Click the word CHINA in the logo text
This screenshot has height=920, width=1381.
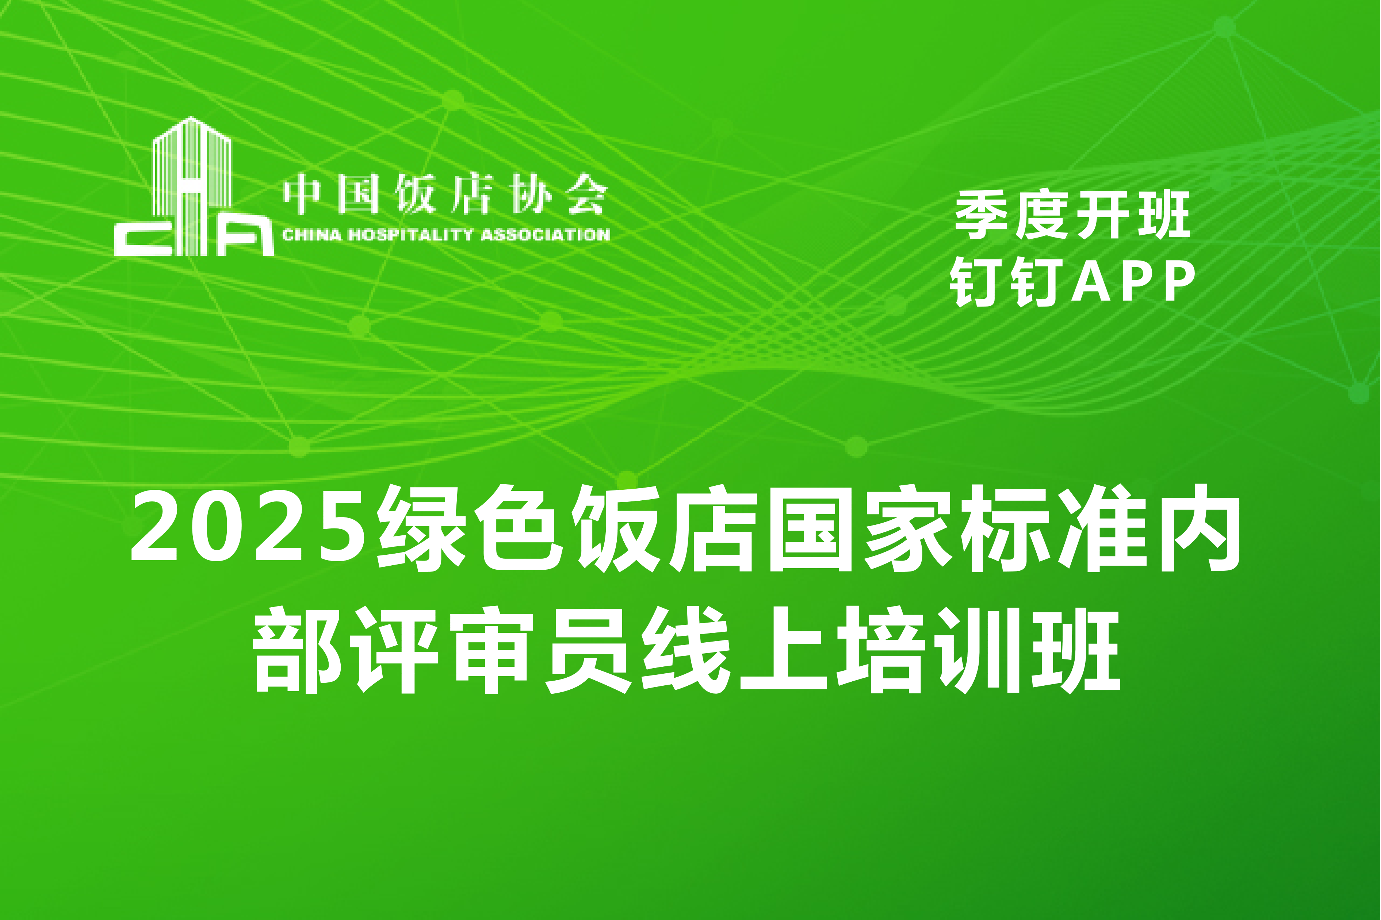click(311, 235)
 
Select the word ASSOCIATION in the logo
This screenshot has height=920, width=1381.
click(546, 235)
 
